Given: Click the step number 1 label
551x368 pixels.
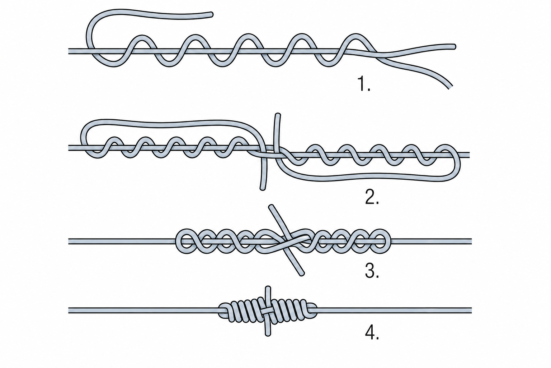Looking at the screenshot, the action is tap(364, 84).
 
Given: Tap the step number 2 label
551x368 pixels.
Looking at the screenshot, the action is tap(372, 197).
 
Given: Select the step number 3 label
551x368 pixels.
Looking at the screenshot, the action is tap(372, 271).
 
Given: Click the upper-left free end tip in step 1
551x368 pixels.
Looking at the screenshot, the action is tap(211, 14).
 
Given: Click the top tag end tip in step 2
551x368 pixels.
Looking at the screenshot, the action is tap(277, 115).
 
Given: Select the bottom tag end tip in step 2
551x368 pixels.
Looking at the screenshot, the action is tap(263, 188).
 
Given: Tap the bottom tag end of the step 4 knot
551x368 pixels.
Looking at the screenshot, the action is tap(268, 334).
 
